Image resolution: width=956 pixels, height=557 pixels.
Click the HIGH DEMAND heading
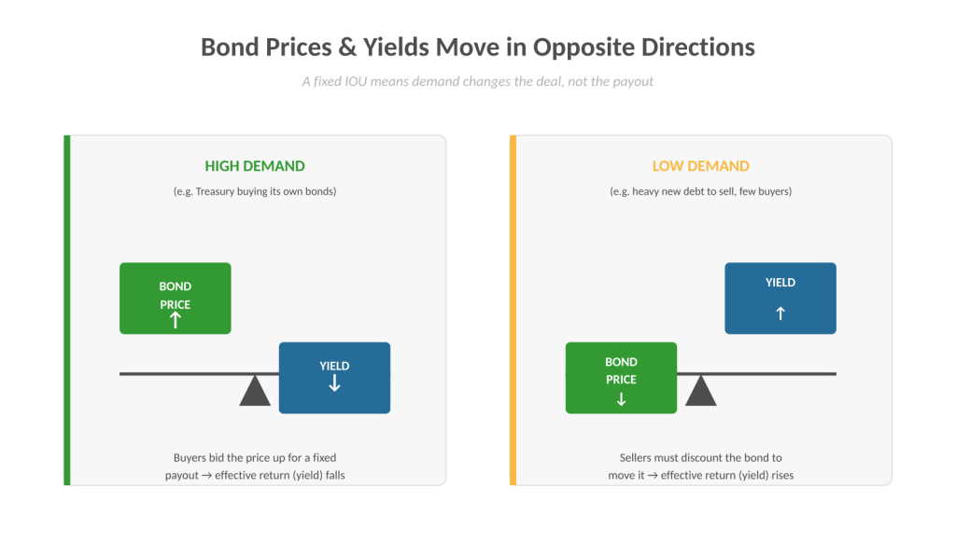click(255, 166)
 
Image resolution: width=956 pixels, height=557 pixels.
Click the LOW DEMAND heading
click(700, 166)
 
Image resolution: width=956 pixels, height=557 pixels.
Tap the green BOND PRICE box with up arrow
click(175, 298)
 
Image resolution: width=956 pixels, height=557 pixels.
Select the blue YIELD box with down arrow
click(335, 378)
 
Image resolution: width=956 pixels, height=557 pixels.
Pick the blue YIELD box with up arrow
click(780, 298)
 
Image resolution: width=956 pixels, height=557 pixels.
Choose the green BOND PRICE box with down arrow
click(621, 378)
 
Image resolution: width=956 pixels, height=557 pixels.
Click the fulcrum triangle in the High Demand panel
click(255, 391)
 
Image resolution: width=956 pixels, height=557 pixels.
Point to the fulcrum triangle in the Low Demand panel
click(700, 391)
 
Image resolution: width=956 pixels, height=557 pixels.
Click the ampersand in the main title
click(347, 48)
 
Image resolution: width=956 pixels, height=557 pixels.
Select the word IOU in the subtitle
click(356, 82)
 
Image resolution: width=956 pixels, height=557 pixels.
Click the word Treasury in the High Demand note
click(216, 191)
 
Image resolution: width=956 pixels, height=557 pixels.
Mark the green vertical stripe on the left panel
click(67, 310)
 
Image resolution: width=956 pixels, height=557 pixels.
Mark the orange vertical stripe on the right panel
click(513, 310)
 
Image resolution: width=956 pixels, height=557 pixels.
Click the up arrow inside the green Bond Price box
click(176, 320)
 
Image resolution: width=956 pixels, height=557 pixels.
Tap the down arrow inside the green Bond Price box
click(621, 399)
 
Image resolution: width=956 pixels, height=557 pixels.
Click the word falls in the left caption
click(335, 475)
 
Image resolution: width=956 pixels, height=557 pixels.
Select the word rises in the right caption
click(782, 475)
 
